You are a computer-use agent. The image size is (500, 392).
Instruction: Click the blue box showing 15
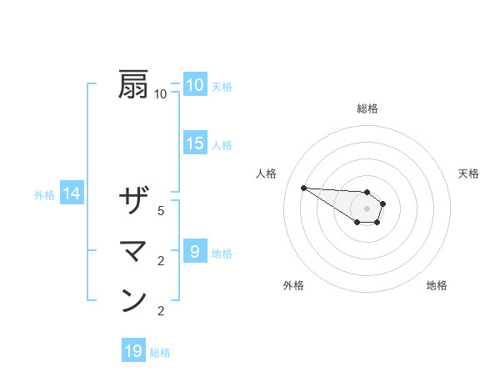tap(195, 143)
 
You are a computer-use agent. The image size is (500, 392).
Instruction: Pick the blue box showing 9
tap(194, 251)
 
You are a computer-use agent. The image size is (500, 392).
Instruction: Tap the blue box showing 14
tap(72, 194)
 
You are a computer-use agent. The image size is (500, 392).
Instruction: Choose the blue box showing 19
tap(133, 351)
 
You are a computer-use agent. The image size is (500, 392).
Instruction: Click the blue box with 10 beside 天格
tap(194, 84)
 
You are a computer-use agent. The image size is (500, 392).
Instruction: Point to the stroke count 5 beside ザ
tap(161, 211)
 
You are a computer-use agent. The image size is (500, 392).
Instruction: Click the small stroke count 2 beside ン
tap(161, 311)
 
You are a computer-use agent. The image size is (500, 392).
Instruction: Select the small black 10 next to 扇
tap(161, 94)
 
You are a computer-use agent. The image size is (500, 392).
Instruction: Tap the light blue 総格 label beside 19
tap(160, 353)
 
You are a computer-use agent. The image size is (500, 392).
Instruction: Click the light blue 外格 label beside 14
tap(44, 195)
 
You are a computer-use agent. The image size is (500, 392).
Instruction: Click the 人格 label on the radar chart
tap(267, 173)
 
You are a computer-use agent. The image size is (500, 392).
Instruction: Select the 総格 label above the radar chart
tap(367, 108)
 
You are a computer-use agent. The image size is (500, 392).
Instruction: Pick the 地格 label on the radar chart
tap(437, 285)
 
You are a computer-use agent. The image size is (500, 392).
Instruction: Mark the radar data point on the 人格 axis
tap(303, 188)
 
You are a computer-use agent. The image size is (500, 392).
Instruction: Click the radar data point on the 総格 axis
tap(367, 192)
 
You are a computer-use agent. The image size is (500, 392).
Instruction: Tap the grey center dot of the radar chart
tap(367, 209)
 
